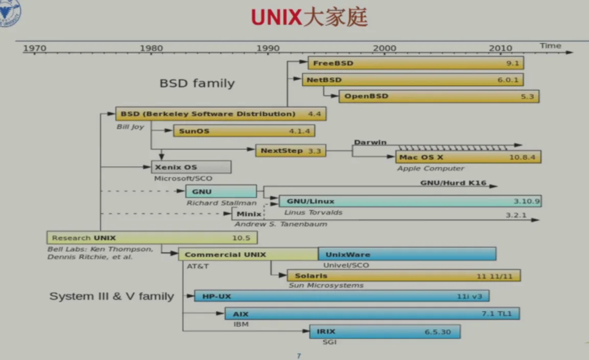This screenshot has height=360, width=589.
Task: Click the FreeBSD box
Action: click(x=415, y=64)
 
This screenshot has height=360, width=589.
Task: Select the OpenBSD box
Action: click(x=438, y=96)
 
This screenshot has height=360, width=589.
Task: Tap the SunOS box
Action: click(x=244, y=131)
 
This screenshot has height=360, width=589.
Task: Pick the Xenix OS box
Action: click(x=191, y=167)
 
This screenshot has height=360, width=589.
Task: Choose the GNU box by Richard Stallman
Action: click(x=221, y=191)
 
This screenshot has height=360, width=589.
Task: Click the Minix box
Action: click(x=249, y=214)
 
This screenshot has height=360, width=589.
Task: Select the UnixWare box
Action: click(x=407, y=254)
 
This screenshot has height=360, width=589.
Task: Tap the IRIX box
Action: click(x=385, y=332)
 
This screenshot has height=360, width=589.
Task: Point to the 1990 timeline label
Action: click(x=268, y=48)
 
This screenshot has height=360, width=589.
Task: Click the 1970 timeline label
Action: click(x=34, y=48)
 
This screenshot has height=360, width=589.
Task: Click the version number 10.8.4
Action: click(x=522, y=157)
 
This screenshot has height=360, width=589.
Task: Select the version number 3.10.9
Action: click(x=526, y=201)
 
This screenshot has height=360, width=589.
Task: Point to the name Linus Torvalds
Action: click(x=313, y=212)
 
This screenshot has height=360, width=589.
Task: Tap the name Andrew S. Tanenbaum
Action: click(x=280, y=224)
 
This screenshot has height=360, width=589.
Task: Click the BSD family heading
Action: click(x=197, y=83)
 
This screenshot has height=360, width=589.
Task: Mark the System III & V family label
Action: click(x=111, y=296)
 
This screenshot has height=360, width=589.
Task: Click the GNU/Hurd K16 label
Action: click(x=453, y=183)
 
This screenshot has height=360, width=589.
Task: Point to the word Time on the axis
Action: click(x=550, y=45)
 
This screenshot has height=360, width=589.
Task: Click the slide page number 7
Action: click(x=299, y=355)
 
